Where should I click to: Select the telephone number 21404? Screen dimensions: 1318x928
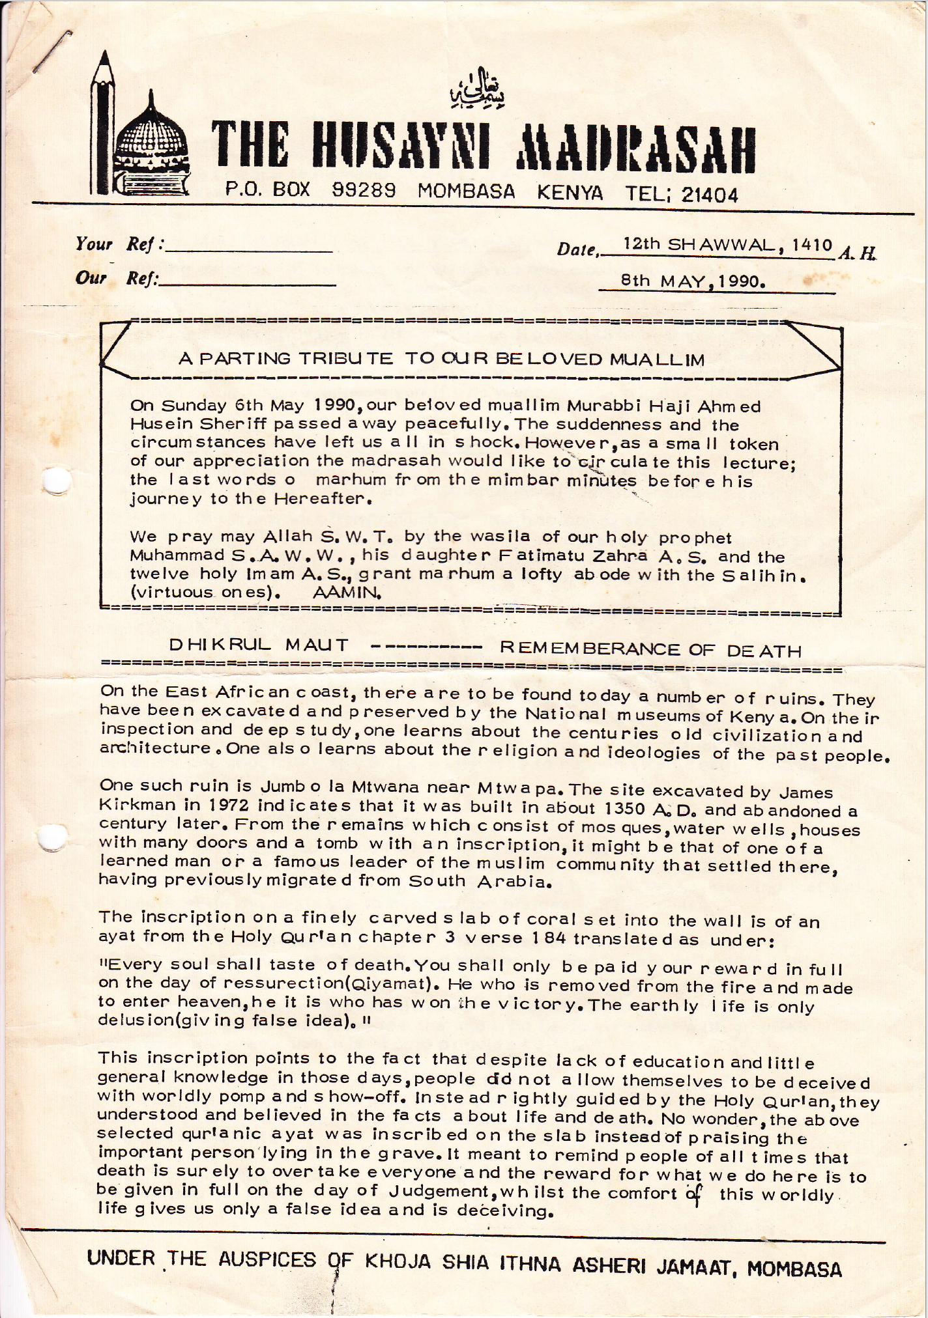[x=710, y=195]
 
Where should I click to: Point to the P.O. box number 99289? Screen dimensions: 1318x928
[x=364, y=190]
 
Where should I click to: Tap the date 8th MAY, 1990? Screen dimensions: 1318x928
[x=692, y=282]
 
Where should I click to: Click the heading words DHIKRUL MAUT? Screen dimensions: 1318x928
[x=259, y=645]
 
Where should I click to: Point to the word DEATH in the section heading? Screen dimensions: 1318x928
[x=764, y=651]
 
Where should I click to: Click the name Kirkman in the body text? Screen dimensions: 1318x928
[x=137, y=804]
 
